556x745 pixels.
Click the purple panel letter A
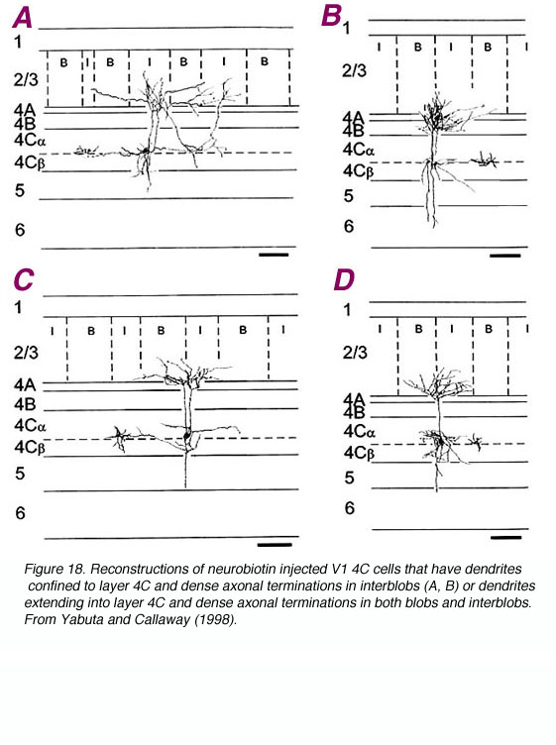coord(22,18)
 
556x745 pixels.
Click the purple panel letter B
coord(331,15)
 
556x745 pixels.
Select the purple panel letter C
coord(23,279)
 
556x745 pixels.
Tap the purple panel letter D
coord(344,279)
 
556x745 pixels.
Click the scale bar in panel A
coord(274,256)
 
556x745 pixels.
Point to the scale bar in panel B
coord(505,256)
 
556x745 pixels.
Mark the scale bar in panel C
coord(275,545)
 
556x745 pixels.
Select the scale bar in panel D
coord(506,538)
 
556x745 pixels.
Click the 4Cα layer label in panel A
coord(30,140)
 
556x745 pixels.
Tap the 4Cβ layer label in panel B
coord(359,171)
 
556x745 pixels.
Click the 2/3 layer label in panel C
coord(26,353)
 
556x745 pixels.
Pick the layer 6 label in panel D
coord(349,508)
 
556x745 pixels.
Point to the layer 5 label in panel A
coord(20,190)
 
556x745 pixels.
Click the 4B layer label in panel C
coord(25,404)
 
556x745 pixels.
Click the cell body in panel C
coord(187,434)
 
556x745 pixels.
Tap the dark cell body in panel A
coord(145,152)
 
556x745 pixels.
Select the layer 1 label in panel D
coord(348,310)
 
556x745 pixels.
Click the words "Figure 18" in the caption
coord(55,570)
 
